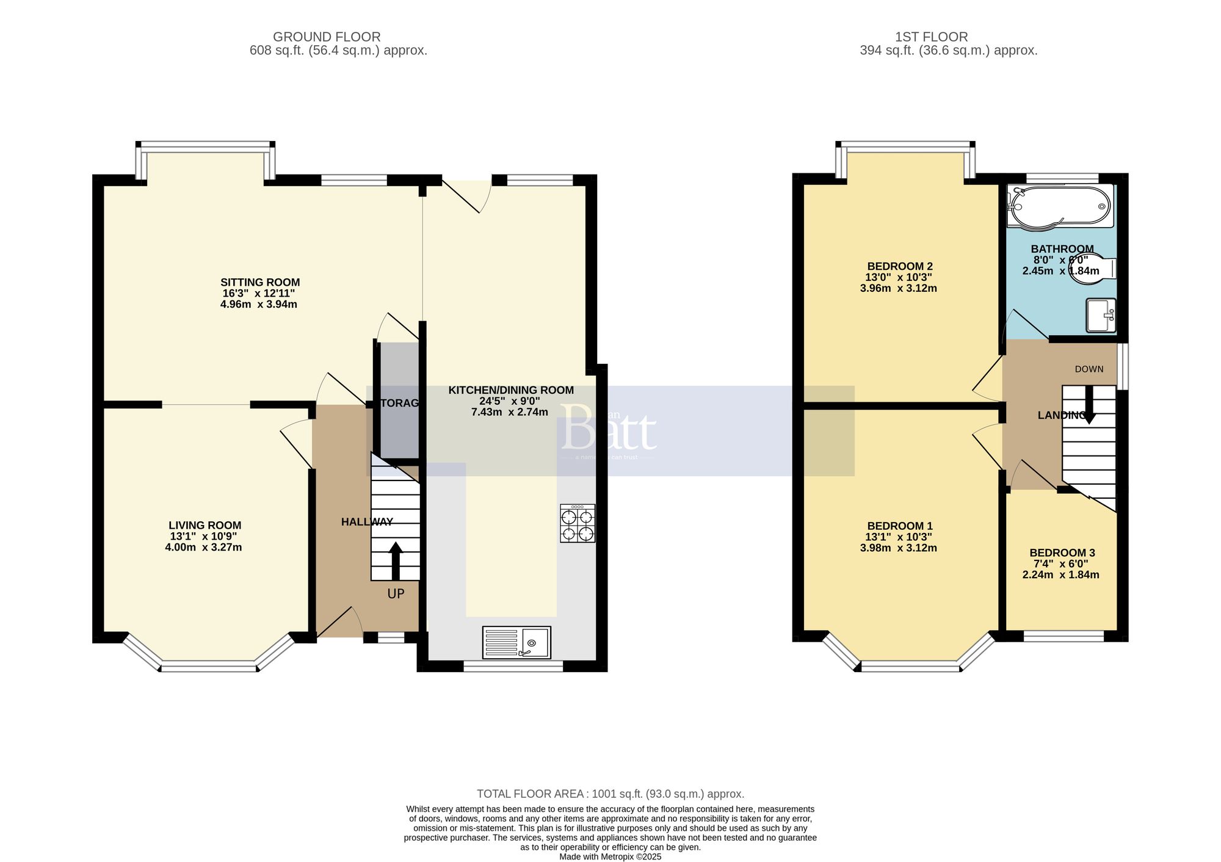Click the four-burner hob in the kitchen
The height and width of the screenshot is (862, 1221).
coord(577,523)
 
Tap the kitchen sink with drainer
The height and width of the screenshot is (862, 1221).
coord(516,642)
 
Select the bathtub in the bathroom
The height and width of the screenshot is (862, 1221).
coord(1059,208)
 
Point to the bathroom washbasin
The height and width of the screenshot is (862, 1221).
coord(1101,315)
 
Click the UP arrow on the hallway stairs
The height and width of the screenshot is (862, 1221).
coord(396,560)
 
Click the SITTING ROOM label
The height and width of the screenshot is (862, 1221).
coord(260,282)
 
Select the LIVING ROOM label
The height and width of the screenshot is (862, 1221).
coord(205,525)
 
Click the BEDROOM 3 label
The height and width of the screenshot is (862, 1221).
coord(1062,552)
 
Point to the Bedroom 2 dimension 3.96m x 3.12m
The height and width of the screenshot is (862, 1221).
coord(898,288)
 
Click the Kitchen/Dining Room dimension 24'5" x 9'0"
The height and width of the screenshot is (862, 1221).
coord(510,401)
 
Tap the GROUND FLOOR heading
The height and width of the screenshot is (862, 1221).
coord(327,37)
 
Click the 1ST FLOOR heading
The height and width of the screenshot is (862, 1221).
coord(931,37)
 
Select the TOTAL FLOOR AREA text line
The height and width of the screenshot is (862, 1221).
coord(610,794)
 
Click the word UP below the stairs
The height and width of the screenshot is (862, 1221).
coord(396,593)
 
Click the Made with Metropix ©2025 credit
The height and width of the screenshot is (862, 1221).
coord(610,857)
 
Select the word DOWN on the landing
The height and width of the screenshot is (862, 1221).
coord(1089,369)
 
